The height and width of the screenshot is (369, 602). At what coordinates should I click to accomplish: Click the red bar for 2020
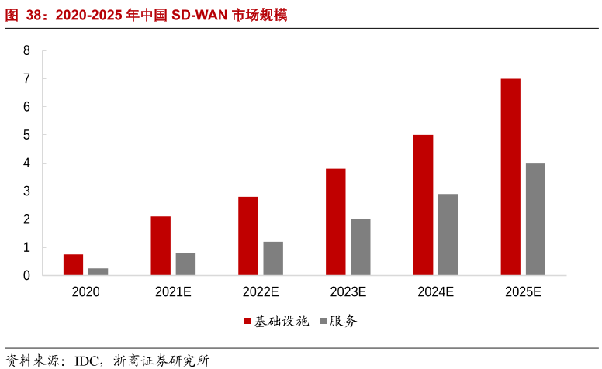[x=73, y=265]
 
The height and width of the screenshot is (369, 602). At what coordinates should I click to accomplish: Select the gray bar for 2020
[x=98, y=271]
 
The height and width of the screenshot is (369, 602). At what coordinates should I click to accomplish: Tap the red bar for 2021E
[x=161, y=246]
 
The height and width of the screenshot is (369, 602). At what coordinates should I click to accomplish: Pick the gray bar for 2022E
[x=273, y=258]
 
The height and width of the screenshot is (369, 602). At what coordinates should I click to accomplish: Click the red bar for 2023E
[x=335, y=222]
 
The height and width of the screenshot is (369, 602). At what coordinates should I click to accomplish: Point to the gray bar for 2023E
[x=360, y=247]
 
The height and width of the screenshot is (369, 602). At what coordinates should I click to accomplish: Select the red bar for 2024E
[x=423, y=205]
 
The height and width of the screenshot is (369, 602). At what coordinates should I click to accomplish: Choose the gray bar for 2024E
[x=448, y=234]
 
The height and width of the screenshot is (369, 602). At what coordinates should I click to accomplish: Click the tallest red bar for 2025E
[x=510, y=177]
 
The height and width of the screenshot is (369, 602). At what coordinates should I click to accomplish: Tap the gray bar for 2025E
[x=535, y=219]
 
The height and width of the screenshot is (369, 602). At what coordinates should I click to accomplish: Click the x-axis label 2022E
[x=261, y=292]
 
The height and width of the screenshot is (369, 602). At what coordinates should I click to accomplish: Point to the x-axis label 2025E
[x=523, y=292]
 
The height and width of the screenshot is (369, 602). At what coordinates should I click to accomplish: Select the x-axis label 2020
[x=85, y=292]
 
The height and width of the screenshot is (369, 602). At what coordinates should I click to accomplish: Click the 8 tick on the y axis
[x=26, y=51]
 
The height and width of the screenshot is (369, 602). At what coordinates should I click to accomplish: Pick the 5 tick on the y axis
[x=26, y=135]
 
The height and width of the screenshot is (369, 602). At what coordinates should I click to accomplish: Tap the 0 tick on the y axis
[x=26, y=275]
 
